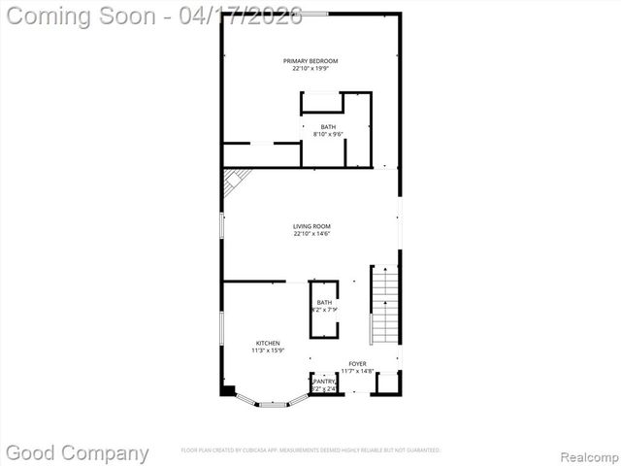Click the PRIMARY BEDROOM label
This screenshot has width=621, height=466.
tap(310, 60)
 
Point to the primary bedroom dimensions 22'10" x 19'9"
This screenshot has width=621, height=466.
tap(310, 68)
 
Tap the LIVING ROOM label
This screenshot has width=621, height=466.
tap(311, 226)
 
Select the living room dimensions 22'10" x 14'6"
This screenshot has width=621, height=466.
tap(311, 234)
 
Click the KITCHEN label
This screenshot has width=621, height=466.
tap(268, 343)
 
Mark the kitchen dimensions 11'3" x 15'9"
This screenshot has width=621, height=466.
tap(268, 350)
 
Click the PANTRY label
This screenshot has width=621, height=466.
tap(323, 382)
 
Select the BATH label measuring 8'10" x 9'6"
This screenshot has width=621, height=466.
tap(328, 126)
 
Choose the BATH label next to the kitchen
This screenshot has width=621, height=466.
tap(323, 302)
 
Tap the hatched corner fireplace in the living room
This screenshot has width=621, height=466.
tap(234, 182)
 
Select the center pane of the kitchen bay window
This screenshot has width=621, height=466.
tap(273, 403)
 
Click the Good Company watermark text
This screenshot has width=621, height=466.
tap(78, 452)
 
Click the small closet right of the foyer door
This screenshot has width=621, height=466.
tap(386, 384)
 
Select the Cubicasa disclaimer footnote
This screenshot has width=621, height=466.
tap(310, 450)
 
